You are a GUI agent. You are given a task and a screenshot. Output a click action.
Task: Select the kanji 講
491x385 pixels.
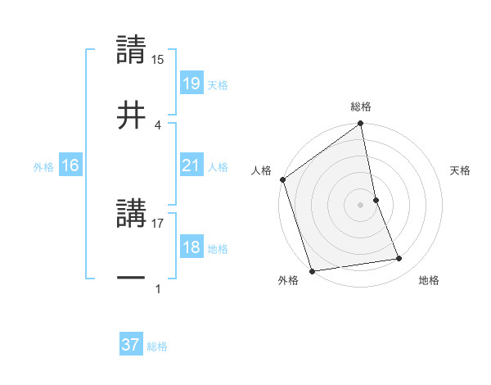131,211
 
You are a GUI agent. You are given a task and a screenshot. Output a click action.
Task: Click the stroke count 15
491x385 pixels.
158,60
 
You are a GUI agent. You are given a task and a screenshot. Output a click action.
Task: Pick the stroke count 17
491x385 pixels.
158,221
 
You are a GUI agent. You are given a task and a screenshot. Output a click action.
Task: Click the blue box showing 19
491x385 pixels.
191,83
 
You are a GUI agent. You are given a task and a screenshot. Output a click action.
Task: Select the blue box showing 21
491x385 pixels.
191,166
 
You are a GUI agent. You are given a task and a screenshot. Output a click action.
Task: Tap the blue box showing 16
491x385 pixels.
70,166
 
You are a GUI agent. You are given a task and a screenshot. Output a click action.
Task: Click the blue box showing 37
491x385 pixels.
131,345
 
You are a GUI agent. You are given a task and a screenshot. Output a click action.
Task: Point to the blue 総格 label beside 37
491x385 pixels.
157,346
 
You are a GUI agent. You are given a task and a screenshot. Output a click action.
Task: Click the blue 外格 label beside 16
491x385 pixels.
43,167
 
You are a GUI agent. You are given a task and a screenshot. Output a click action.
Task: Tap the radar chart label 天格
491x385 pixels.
461,170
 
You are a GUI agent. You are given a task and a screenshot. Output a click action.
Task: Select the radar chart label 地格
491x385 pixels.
429,280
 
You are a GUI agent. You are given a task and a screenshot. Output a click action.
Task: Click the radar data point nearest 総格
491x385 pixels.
361,125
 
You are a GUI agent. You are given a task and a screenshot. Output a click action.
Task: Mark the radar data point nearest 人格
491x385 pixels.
283,179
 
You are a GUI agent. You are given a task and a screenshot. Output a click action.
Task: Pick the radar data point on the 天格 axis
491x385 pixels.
376,200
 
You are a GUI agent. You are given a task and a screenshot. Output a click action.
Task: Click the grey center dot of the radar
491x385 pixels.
361,205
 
